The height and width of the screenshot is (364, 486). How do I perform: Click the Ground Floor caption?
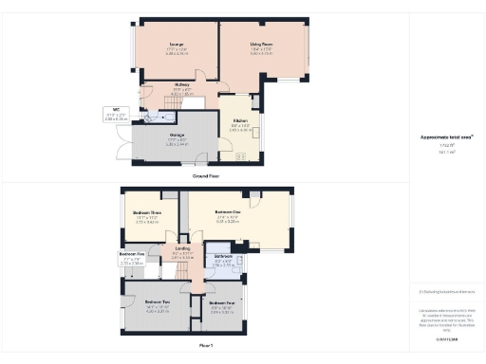206,176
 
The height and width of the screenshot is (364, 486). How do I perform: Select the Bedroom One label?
228,214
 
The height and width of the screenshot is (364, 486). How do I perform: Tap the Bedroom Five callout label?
132,256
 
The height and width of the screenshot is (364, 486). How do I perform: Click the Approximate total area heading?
447,136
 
